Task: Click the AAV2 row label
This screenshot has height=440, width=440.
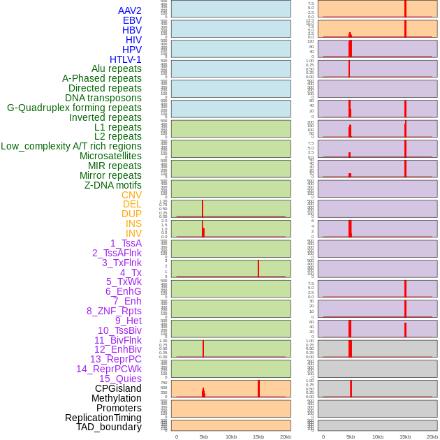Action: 130,10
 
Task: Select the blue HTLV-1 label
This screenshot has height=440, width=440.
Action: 126,59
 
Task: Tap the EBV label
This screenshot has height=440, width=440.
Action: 132,20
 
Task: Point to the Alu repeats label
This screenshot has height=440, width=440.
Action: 117,68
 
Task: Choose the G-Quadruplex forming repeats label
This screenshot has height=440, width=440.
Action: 74,108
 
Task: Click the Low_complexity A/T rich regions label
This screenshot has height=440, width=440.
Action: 71,146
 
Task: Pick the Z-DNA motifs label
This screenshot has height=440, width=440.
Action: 113,185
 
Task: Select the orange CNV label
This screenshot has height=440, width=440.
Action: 131,195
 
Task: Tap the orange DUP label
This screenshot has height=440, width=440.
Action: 131,214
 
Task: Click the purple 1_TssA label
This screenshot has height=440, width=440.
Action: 126,243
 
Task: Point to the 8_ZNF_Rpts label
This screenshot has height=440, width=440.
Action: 114,311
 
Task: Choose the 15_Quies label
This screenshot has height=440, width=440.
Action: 120,379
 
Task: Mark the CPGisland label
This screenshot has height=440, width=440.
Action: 118,388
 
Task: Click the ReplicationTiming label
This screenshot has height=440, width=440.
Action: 103,418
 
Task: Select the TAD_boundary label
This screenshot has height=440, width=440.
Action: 109,427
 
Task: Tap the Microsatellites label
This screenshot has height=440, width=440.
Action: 110,156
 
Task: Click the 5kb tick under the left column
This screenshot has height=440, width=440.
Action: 204,437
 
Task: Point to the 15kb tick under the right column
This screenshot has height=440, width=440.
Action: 405,437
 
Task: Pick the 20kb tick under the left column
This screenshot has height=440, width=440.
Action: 286,437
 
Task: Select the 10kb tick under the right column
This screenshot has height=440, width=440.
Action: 378,437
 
